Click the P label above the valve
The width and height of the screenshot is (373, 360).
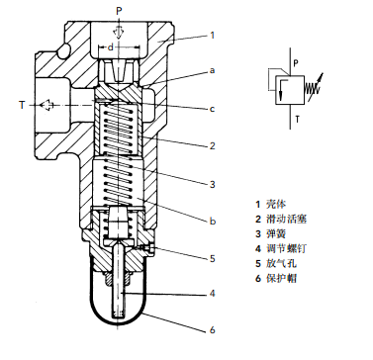click(119, 11)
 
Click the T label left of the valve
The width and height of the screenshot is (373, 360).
click(22, 105)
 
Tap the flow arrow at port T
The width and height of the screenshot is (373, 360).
click(47, 105)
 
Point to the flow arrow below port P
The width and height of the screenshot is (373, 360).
click(119, 33)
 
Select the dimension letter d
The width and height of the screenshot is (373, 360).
click(111, 47)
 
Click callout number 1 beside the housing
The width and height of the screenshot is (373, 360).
click(213, 35)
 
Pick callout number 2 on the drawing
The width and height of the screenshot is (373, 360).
click(213, 145)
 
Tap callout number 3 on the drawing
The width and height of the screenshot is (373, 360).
click(213, 184)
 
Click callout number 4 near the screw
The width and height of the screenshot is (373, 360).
click(213, 293)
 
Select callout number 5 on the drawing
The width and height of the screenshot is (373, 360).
click(213, 258)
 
